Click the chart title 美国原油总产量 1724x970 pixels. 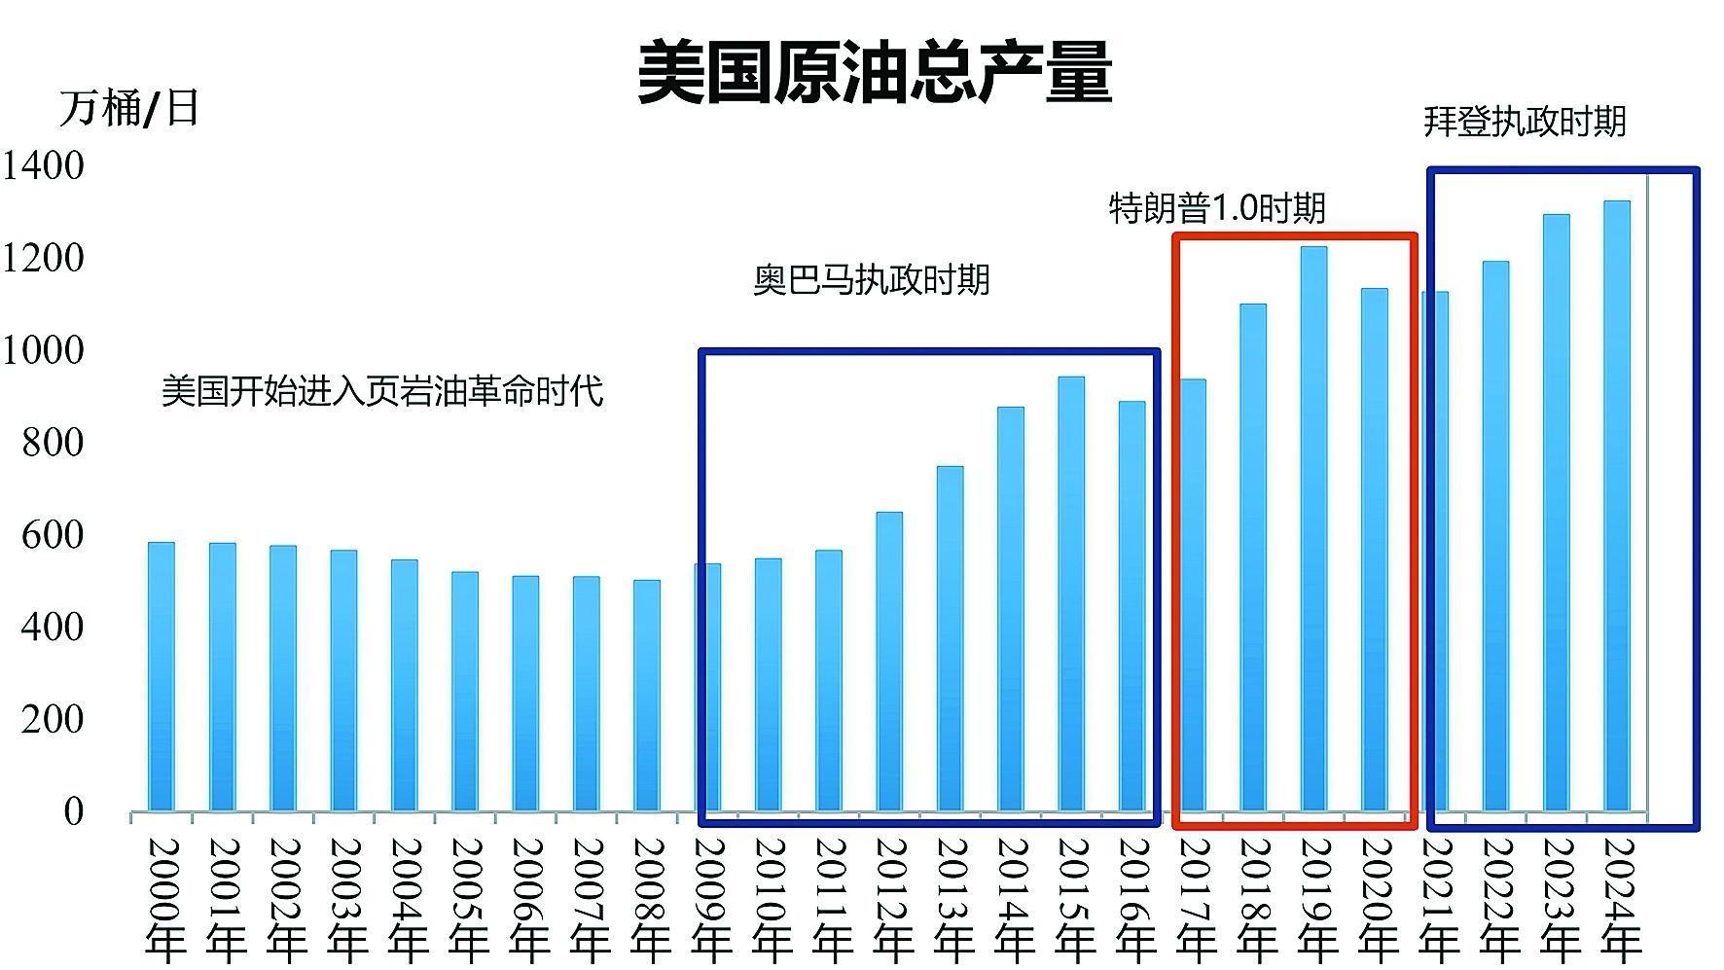874,72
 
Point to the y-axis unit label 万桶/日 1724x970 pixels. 129,108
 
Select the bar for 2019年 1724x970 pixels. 1313,528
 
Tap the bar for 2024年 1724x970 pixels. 1616,506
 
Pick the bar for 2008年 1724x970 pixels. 647,696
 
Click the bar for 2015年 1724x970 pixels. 1071,593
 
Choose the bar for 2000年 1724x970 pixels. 162,676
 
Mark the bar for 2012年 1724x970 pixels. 889,662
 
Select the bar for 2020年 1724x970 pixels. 1374,550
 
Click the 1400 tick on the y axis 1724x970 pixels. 43,165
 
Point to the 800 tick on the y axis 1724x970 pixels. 53,443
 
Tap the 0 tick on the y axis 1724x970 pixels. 74,811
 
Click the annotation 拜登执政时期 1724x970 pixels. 1525,122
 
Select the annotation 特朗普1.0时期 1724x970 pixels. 1217,208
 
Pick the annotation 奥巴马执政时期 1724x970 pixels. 872,280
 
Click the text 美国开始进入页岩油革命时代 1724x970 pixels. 382,391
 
